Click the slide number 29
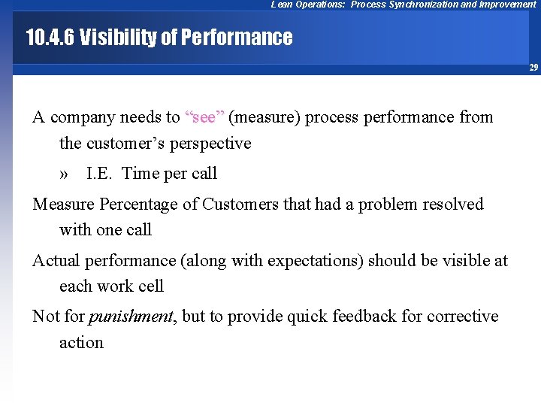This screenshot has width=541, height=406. tap(533, 68)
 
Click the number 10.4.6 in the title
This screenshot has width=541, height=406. tap(49, 37)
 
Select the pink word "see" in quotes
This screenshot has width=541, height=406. tap(204, 117)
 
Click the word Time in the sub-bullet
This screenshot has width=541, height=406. tap(140, 174)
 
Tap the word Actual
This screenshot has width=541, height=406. tap(56, 261)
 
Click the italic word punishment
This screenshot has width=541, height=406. tap(131, 317)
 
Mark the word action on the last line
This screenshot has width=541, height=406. tap(81, 343)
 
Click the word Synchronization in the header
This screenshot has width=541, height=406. tap(418, 5)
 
